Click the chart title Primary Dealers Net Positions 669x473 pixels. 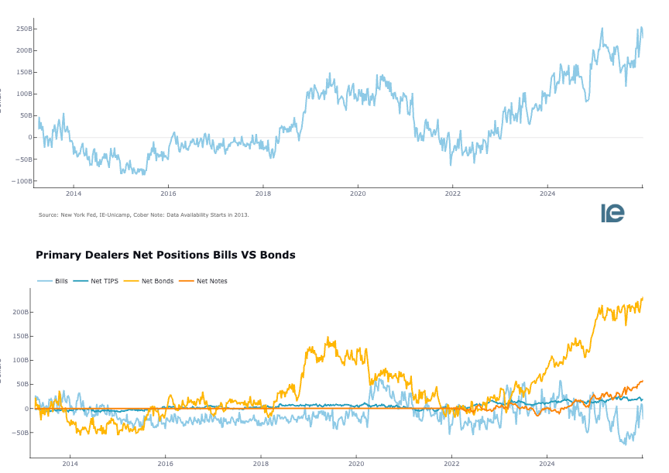click(165, 255)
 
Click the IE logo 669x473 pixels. click(612, 213)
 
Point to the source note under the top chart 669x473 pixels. click(143, 214)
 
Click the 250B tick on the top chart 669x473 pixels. click(24, 29)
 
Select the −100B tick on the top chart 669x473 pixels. click(22, 181)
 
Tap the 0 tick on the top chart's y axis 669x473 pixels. click(30, 138)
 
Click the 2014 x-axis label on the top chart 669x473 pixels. click(74, 194)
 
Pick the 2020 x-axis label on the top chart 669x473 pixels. click(358, 194)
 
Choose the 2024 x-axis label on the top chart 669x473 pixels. click(547, 194)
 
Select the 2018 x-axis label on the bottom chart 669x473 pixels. click(261, 464)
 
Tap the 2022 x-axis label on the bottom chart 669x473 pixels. click(451, 464)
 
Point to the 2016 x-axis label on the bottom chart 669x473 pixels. click(166, 464)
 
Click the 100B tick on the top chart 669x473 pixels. click(24, 94)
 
